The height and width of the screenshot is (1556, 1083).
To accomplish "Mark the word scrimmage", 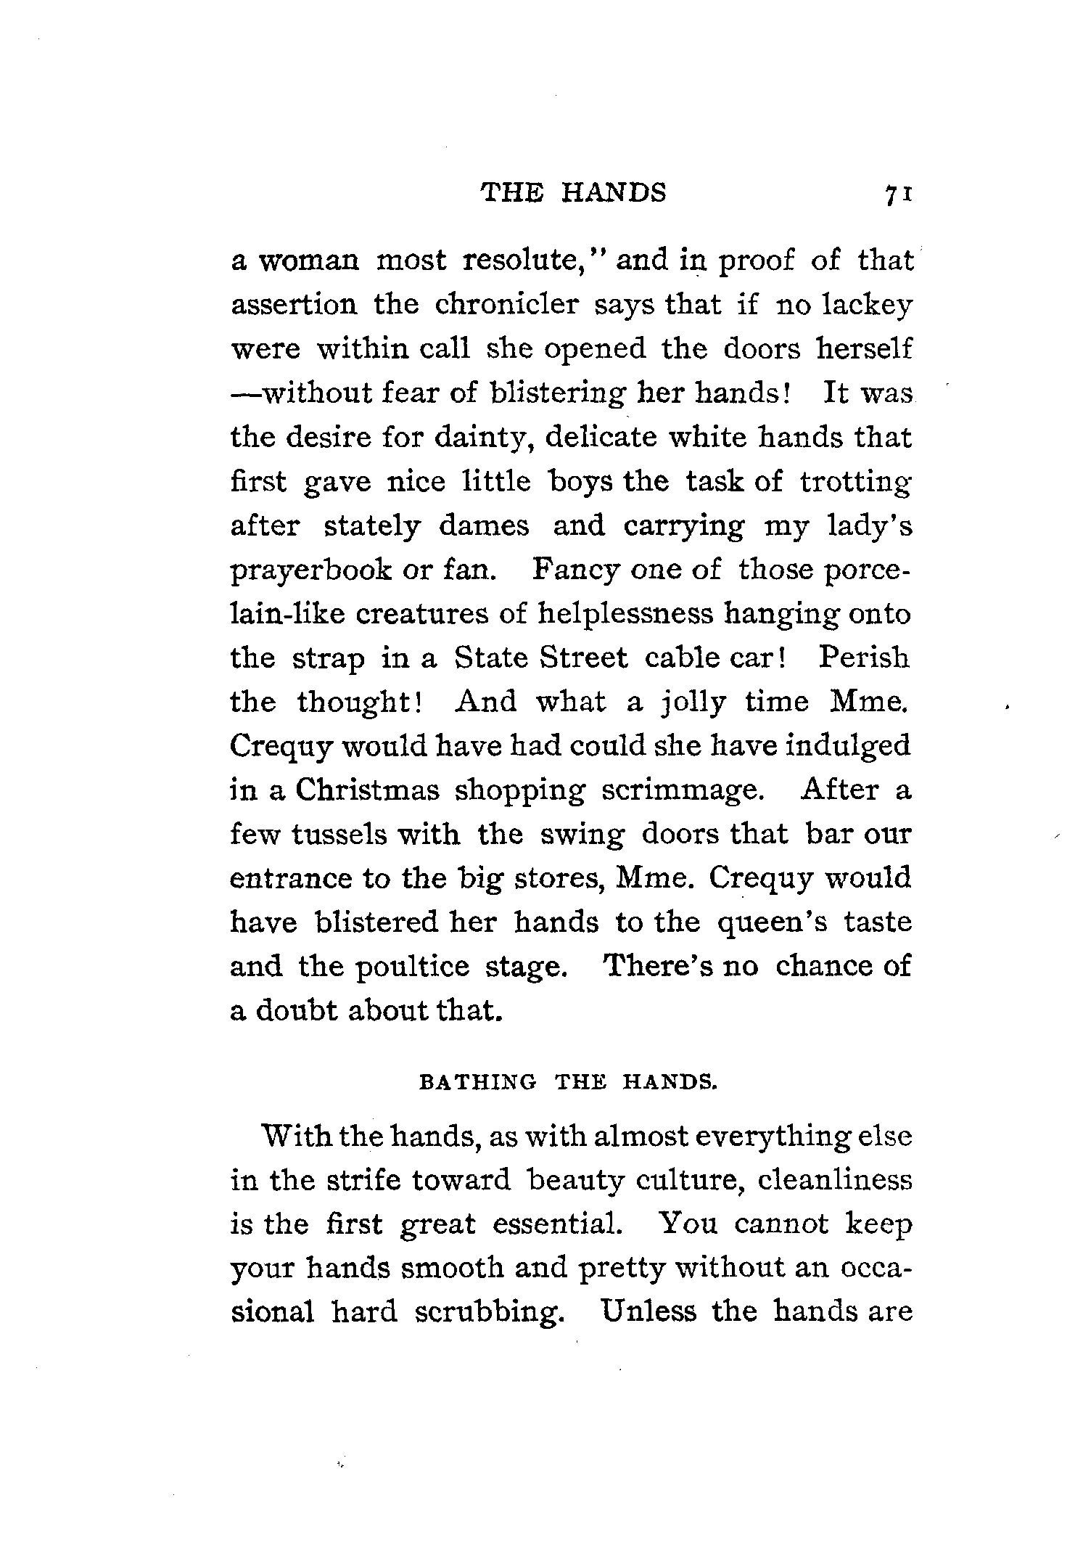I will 683,791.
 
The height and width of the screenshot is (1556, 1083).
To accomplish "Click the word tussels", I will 339,835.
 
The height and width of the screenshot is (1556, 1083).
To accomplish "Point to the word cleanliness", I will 833,1181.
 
